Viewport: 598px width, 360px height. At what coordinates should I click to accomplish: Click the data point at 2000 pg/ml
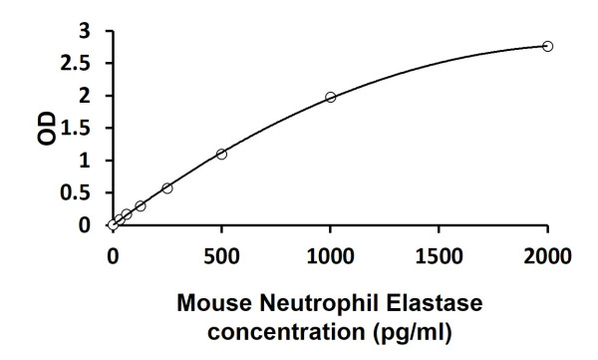[548, 46]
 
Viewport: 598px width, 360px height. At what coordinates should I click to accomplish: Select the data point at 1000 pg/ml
[331, 97]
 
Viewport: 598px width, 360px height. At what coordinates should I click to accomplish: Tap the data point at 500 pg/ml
[221, 154]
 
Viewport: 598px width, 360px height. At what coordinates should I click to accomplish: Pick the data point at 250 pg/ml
[167, 187]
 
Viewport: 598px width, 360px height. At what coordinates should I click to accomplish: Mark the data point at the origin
[113, 225]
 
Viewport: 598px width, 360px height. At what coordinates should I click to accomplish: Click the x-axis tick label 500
[221, 254]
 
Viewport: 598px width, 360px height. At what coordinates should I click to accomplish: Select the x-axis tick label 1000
[330, 254]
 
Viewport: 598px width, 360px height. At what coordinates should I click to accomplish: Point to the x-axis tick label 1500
[440, 254]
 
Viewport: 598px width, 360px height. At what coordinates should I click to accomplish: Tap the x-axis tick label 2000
[548, 254]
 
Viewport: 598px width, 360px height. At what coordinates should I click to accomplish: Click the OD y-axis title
[46, 129]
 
